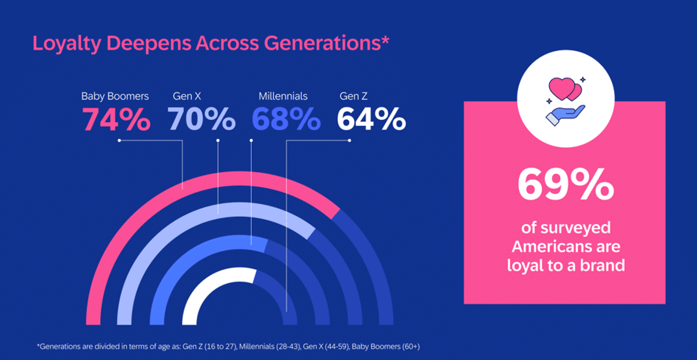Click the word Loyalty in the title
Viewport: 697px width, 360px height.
(67, 44)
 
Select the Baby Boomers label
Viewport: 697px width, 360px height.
(115, 96)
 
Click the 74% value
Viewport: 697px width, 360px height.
(116, 119)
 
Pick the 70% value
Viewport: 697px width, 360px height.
(202, 119)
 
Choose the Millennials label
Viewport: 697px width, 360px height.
(283, 96)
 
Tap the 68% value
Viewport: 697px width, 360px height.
(286, 119)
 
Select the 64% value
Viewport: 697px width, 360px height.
(371, 119)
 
